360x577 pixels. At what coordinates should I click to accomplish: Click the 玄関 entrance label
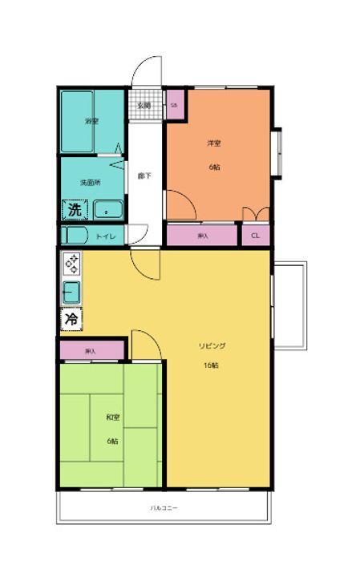[x=144, y=105]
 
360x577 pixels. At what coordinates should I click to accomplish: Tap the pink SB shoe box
[x=174, y=105]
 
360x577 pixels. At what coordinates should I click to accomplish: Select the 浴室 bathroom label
[x=91, y=121]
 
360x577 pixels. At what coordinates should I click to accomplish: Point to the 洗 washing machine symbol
[x=74, y=211]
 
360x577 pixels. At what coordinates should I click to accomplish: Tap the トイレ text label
[x=106, y=236]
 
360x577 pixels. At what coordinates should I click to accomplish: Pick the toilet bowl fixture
[x=76, y=236]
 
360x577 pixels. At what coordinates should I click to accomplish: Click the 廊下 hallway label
[x=144, y=176]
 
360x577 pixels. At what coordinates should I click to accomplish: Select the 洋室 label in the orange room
[x=214, y=143]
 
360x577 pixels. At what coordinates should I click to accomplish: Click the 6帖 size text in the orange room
[x=214, y=168]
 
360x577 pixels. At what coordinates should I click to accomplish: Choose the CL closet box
[x=255, y=236]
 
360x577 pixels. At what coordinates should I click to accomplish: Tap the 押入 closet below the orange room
[x=202, y=236]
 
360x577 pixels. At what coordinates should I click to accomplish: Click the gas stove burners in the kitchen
[x=71, y=263]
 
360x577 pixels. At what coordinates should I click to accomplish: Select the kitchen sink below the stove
[x=71, y=293]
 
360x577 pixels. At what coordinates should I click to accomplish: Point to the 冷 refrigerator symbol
[x=71, y=319]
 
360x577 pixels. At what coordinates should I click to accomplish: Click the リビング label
[x=212, y=345]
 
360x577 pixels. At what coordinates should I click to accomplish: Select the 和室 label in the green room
[x=112, y=417]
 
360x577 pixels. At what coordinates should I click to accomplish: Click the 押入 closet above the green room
[x=91, y=351]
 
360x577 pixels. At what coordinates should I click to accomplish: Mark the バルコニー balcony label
[x=164, y=508]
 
